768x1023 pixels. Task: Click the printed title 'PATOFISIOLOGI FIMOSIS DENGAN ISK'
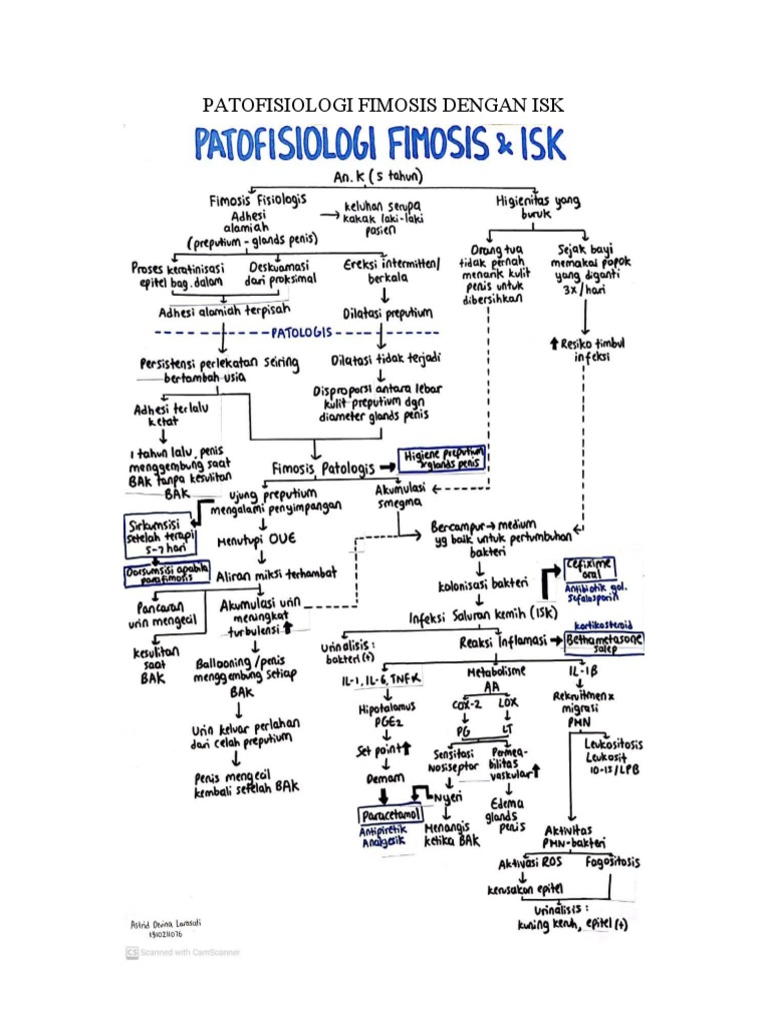tap(385, 106)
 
